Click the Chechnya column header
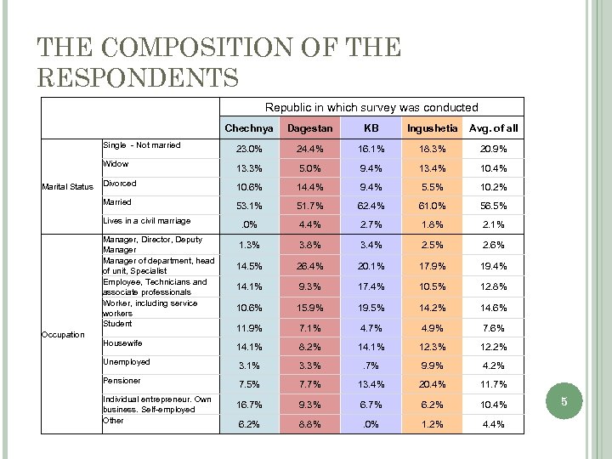249,128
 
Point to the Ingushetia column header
433,128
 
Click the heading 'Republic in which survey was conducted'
371,108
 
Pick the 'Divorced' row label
119,184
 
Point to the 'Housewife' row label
122,343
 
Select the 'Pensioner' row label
122,381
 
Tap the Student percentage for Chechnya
249,328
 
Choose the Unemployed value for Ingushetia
433,366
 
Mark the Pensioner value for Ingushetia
433,385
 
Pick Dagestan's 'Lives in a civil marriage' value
310,224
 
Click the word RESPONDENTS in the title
138,77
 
